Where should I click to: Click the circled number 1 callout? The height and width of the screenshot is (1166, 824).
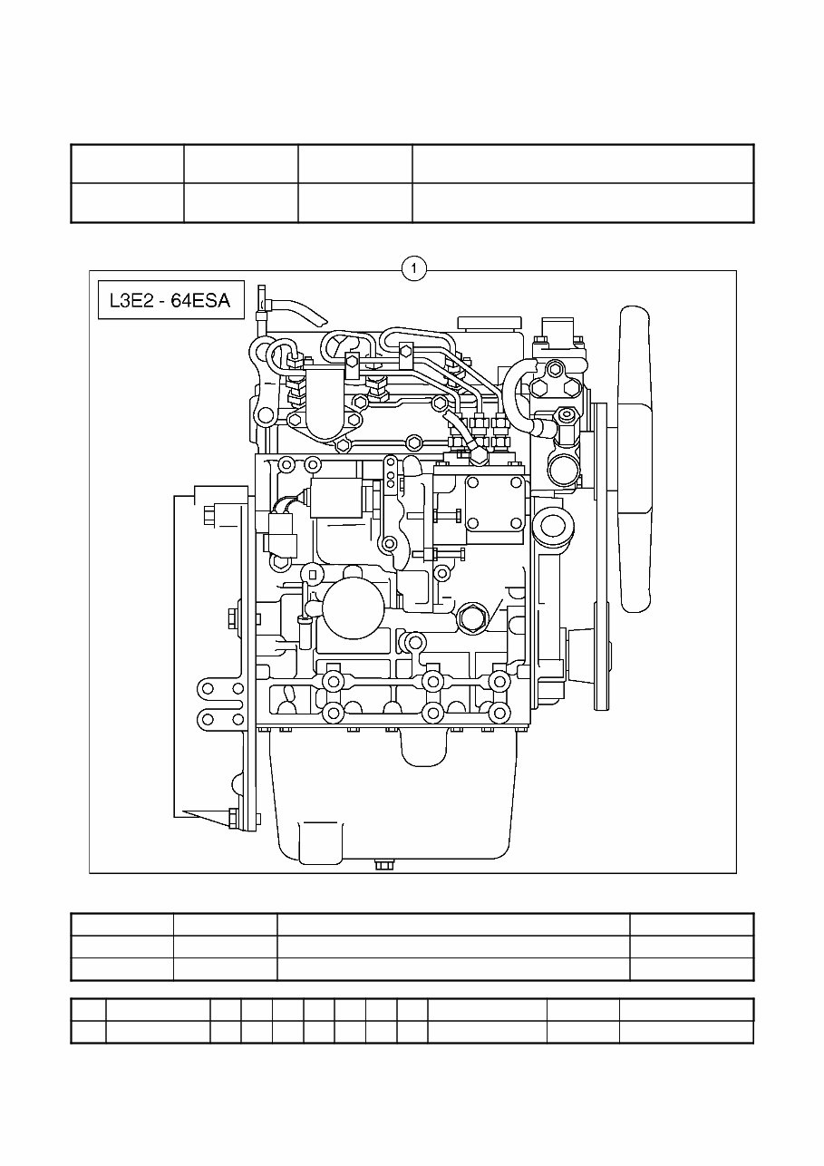(413, 269)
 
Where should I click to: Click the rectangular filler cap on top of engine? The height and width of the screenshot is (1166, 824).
(490, 324)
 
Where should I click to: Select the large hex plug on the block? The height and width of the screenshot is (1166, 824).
(472, 617)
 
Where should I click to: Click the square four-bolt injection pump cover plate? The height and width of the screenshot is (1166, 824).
(494, 501)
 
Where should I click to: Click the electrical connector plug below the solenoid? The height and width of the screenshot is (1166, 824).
(280, 541)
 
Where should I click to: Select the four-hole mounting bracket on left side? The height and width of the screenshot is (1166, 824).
(222, 704)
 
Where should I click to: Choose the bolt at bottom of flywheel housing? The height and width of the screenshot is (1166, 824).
(233, 818)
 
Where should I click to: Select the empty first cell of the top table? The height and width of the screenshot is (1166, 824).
(127, 163)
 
